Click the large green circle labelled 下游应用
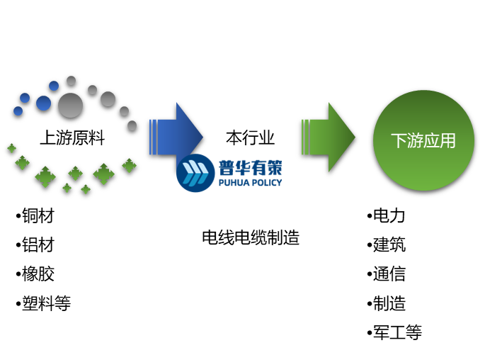pos(423,140)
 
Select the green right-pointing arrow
pos(329,137)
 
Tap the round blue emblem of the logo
pos(195,173)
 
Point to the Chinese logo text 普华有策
pos(250,168)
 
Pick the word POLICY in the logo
pos(267,183)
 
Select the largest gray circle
pos(70,105)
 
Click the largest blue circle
pos(44,103)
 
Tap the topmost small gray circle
pos(71,80)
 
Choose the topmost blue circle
pos(54,86)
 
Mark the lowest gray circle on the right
pos(132,125)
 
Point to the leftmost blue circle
pos(18,111)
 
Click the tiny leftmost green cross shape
pos(11,148)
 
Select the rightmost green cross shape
pos(129,165)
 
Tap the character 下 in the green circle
pos(399,140)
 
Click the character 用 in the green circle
pos(448,140)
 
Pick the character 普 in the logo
pos(227,168)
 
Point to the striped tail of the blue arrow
pos(153,137)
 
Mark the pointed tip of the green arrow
pos(353,137)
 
